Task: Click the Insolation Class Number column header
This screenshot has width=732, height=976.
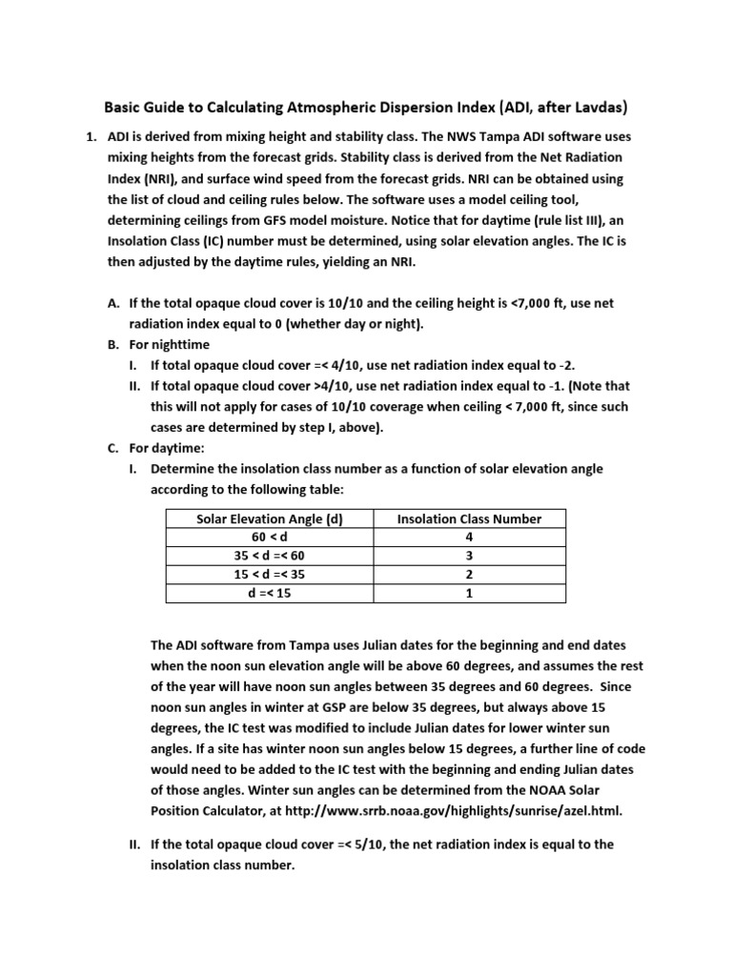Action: point(469,519)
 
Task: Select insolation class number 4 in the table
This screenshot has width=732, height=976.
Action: point(469,538)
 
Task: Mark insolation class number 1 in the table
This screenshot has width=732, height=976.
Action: point(469,593)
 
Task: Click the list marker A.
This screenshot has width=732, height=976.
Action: point(112,303)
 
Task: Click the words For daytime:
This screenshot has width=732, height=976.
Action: point(166,448)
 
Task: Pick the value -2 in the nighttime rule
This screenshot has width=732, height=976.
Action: point(565,365)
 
